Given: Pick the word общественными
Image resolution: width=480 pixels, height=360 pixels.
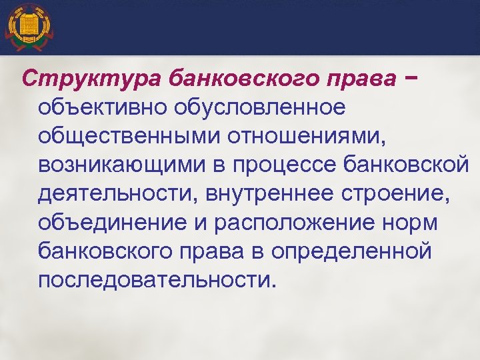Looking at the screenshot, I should pos(129,136).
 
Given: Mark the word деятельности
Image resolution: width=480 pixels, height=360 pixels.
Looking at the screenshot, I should pos(117,194).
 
